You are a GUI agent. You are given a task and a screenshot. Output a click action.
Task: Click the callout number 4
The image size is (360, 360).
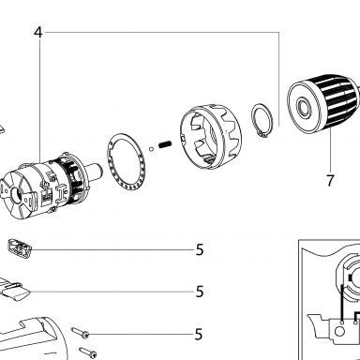coord(37,32)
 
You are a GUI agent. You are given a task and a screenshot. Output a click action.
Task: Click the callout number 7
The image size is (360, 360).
coord(330,181)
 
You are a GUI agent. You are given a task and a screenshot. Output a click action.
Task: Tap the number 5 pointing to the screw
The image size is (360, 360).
coord(199,335)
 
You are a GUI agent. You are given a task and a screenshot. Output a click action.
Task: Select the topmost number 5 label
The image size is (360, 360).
coord(200,250)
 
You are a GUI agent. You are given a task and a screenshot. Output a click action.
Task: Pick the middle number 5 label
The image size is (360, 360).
coord(200,292)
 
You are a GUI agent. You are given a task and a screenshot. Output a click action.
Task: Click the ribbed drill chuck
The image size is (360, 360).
coord(323,103)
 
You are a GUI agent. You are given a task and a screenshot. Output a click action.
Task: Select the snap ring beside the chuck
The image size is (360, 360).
coord(262,120)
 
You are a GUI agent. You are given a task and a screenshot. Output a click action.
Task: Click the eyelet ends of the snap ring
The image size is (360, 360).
coord(262,134)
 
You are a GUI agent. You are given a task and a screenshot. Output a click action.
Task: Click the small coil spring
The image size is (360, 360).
coord(165,144)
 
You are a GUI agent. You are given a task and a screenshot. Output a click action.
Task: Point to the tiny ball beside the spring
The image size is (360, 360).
coord(152,149)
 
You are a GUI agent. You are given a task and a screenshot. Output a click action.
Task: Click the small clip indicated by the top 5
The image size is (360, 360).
coord(20,248)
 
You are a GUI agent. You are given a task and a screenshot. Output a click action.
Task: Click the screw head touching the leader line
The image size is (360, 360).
coord(84,335)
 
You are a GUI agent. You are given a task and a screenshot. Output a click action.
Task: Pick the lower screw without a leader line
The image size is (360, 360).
coord(88,352)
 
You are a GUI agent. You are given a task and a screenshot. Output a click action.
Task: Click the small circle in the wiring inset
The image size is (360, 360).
coord(339,332)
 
